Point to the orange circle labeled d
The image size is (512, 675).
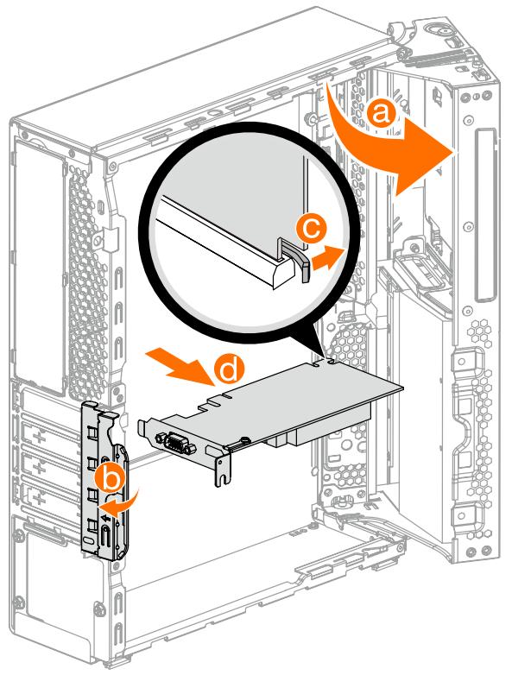click(x=227, y=370)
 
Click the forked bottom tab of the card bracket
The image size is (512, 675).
click(x=224, y=471)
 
